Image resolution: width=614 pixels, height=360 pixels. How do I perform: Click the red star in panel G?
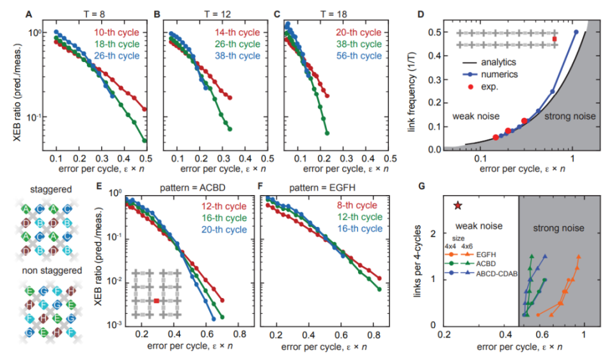(x=457, y=206)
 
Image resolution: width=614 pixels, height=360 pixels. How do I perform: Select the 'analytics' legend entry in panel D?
(x=499, y=63)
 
